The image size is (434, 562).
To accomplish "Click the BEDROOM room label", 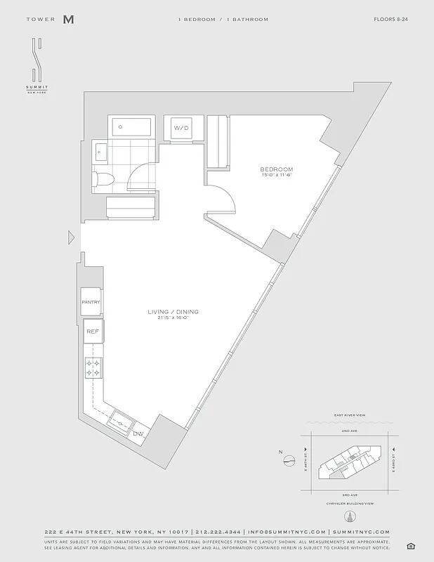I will (276, 169).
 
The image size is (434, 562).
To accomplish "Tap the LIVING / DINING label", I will (173, 311).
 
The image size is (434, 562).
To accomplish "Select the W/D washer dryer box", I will (182, 129).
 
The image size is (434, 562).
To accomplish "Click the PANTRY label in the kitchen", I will (91, 302).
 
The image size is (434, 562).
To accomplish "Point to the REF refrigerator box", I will (92, 331).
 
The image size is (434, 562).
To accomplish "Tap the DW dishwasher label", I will (138, 433).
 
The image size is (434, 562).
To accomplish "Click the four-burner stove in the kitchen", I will (93, 367).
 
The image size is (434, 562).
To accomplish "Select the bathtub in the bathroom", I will (131, 127).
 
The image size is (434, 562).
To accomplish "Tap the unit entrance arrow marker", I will (71, 238).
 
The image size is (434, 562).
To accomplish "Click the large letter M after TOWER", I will (68, 20).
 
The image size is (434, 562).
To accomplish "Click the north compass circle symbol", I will (288, 462).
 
